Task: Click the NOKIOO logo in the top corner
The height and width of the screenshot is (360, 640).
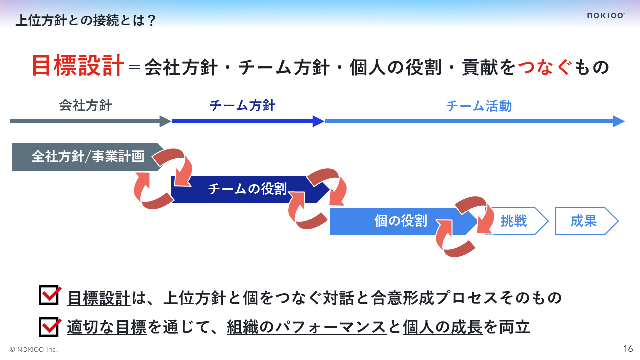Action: tap(606, 16)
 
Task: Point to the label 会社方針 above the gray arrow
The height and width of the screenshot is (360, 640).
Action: tap(85, 106)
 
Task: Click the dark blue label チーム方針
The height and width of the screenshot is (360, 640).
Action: tap(242, 106)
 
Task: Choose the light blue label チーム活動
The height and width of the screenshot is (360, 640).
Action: tap(479, 106)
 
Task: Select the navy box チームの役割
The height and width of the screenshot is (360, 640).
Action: tap(247, 189)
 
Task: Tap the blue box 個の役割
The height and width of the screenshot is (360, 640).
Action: tap(400, 221)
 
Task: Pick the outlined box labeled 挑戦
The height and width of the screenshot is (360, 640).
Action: tap(515, 221)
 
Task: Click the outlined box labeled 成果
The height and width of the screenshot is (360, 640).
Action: tap(584, 221)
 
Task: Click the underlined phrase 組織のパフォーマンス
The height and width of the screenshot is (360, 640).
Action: tap(306, 328)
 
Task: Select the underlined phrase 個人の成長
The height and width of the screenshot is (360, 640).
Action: tap(442, 328)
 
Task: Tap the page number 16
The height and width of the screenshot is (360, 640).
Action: tap(628, 348)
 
